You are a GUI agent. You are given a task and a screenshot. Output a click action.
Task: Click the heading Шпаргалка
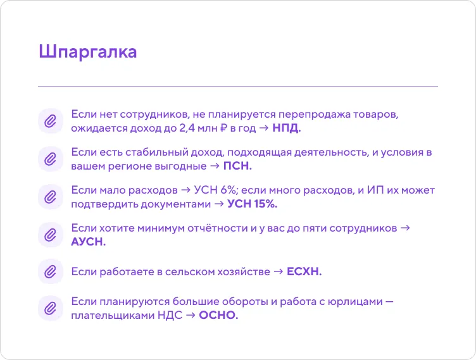(x=87, y=52)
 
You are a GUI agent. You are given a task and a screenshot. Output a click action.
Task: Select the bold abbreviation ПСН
(x=237, y=166)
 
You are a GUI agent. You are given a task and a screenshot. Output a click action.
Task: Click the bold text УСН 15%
(x=253, y=204)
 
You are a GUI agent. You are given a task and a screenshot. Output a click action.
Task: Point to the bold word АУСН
(x=89, y=242)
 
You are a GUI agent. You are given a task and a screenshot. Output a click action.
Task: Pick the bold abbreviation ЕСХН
(x=304, y=271)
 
